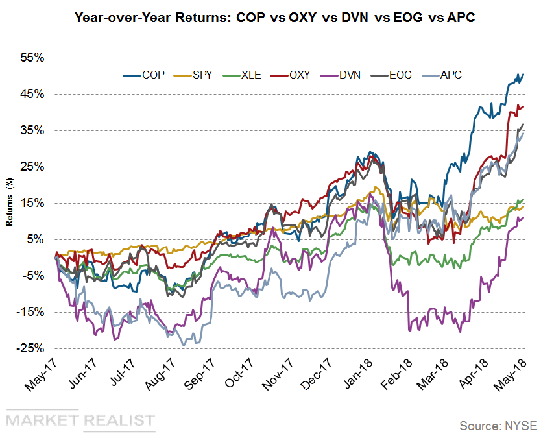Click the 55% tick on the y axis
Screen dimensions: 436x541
31,58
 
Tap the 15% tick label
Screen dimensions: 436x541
31,203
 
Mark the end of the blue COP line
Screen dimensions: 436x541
523,75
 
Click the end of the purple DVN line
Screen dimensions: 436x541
523,217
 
